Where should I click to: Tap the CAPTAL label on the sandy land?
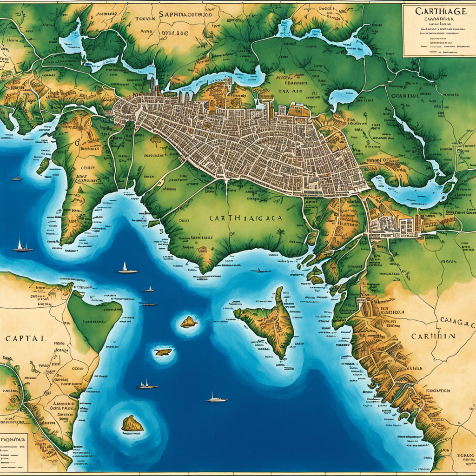click(26, 338)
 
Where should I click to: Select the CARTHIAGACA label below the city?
click(246, 218)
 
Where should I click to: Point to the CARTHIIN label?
click(433, 336)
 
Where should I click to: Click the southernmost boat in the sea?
click(217, 398)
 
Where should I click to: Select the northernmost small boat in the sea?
click(17, 178)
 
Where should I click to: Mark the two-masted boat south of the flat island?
click(147, 384)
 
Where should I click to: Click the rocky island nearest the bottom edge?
click(132, 423)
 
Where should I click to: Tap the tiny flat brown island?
click(163, 352)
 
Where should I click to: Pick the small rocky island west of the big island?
click(188, 322)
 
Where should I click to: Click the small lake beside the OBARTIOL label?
click(342, 98)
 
